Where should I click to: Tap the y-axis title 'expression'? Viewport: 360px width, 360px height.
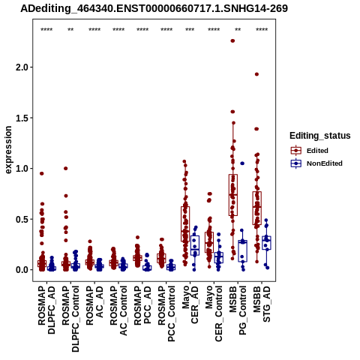point(8,150)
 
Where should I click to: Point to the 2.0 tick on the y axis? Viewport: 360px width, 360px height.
point(22,67)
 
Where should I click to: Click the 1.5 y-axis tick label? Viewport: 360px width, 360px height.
point(22,118)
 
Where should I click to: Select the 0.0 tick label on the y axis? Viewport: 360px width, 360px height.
point(22,270)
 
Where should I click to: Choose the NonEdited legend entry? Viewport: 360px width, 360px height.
point(316,163)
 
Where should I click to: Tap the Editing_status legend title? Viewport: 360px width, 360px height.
point(320,136)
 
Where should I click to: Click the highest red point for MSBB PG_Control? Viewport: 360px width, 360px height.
point(232,40)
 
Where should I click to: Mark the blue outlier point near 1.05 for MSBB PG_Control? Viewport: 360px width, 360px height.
point(242,163)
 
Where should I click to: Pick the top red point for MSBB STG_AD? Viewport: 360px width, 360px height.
point(256,74)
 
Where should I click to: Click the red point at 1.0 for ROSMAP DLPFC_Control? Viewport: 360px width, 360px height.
point(66,168)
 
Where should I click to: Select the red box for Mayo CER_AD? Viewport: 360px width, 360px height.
point(185,224)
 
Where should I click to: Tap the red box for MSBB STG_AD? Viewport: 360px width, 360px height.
point(257,208)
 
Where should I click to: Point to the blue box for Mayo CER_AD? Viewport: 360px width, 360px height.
point(195,245)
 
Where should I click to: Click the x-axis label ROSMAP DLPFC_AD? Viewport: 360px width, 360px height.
point(46,310)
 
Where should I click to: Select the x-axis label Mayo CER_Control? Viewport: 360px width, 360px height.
point(214,313)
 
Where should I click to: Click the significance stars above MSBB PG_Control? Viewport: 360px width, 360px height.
point(238,30)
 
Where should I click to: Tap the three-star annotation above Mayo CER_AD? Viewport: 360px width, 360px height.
point(190,30)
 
